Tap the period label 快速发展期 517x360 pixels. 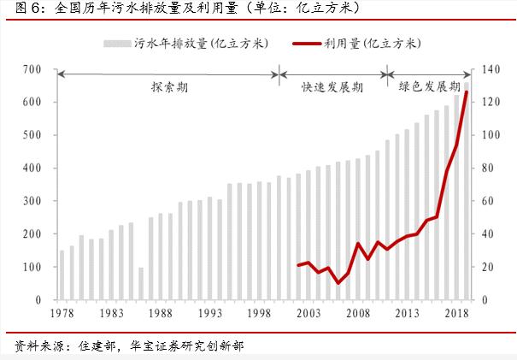(332, 87)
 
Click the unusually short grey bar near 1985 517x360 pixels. (140, 284)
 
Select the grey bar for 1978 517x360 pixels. (62, 275)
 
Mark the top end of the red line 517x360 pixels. (467, 91)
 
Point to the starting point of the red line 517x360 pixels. (298, 265)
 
